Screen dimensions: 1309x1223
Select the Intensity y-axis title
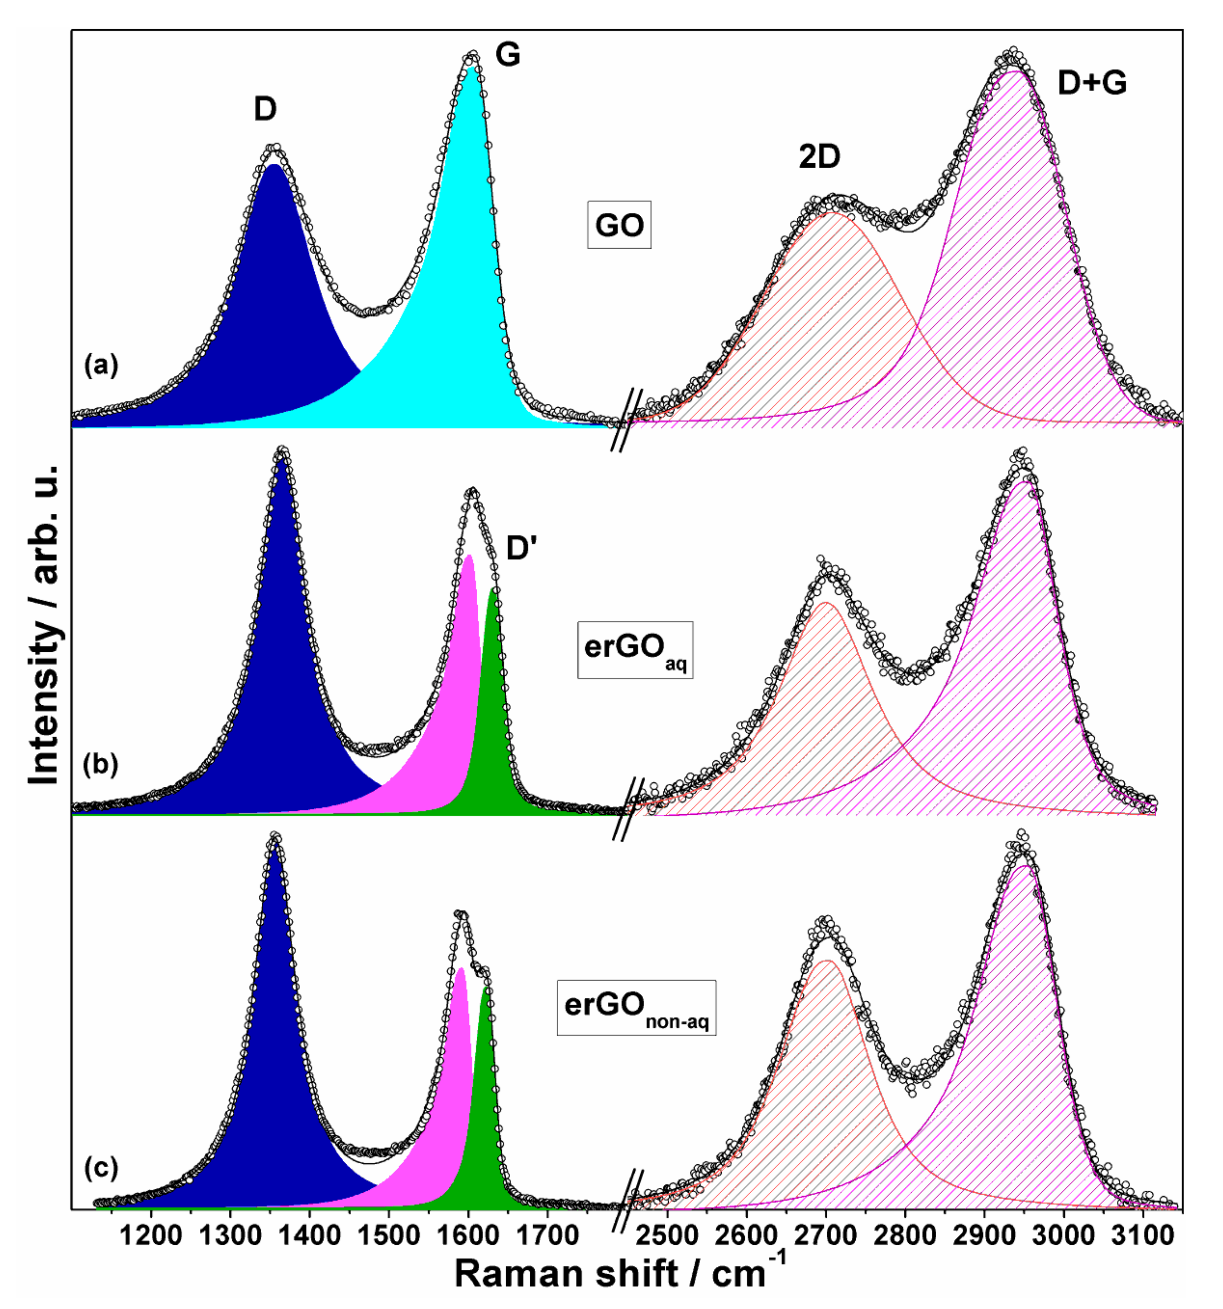[45, 626]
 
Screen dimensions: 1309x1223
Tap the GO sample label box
[619, 225]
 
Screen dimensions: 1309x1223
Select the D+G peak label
[1092, 83]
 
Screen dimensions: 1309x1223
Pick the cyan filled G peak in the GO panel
[461, 296]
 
